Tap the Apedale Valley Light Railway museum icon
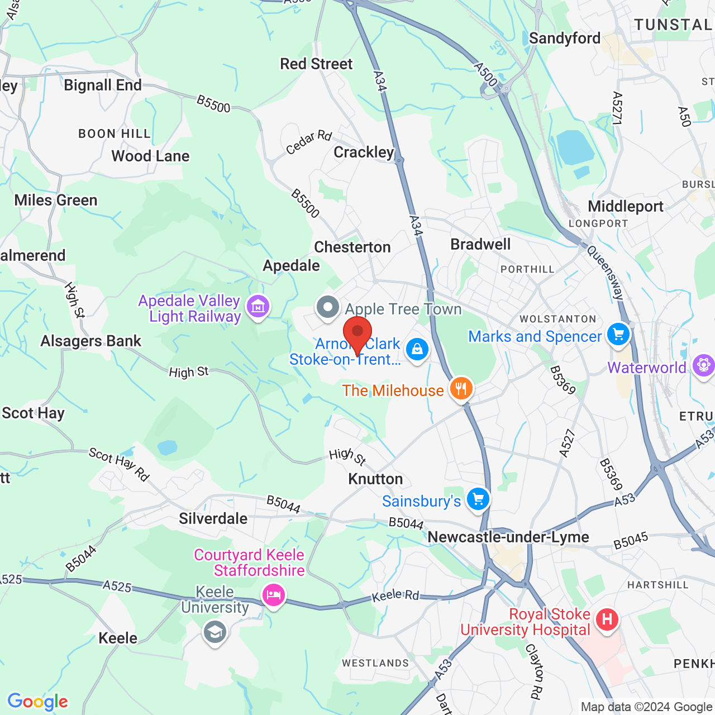click(x=258, y=306)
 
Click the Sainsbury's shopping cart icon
click(x=478, y=499)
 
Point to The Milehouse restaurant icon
click(x=461, y=388)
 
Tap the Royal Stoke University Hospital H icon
click(x=607, y=619)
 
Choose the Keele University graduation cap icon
click(x=215, y=633)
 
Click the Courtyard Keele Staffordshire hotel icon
click(x=273, y=595)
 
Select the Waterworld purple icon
click(x=703, y=366)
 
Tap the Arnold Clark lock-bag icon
click(x=417, y=350)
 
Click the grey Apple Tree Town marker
click(x=327, y=307)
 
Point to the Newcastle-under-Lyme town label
click(x=508, y=537)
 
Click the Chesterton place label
click(x=352, y=247)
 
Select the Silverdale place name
click(x=213, y=518)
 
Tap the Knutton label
click(x=375, y=479)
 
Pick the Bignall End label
click(x=103, y=85)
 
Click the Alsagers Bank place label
click(x=90, y=341)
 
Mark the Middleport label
click(x=626, y=206)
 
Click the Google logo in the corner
click(x=38, y=702)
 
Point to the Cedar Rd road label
click(x=309, y=142)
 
